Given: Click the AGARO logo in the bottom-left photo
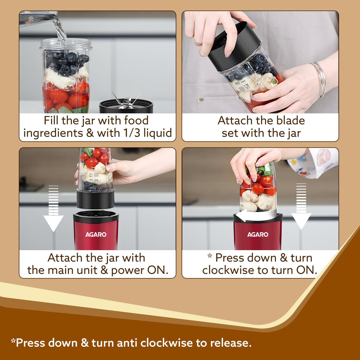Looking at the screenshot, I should (x=96, y=234).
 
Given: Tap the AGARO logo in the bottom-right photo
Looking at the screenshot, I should (x=258, y=234).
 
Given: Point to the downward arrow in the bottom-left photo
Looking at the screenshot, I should (x=53, y=210).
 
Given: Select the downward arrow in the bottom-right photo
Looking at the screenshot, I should (x=301, y=207).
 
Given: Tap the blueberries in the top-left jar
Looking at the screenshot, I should (x=67, y=61).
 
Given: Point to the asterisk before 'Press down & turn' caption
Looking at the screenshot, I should (x=210, y=257).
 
